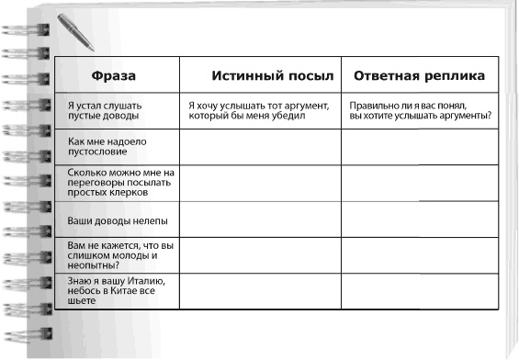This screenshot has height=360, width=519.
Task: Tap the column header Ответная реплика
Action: coord(419,74)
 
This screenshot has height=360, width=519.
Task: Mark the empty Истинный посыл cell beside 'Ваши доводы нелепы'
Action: coord(259,220)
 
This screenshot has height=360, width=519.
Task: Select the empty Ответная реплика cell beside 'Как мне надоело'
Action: coord(421,146)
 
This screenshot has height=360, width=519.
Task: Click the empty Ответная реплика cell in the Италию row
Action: coord(421,291)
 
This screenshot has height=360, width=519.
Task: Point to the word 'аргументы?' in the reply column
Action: coord(465,116)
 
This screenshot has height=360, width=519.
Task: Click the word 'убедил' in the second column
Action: coord(310,116)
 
